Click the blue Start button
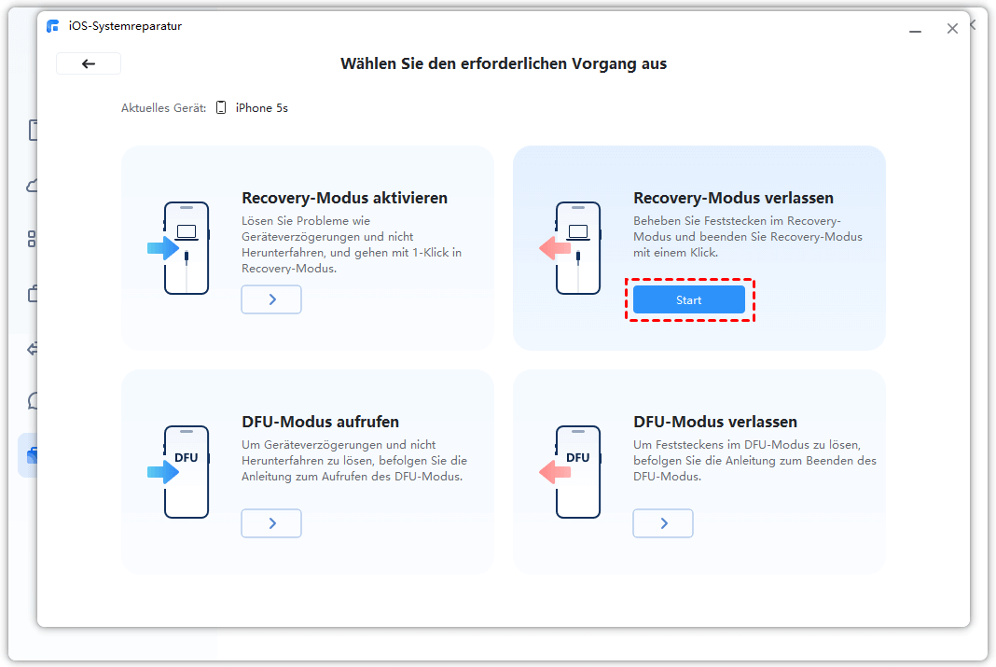click(x=688, y=299)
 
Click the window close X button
click(x=952, y=29)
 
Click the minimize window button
click(x=915, y=31)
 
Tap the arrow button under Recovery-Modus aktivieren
click(x=271, y=299)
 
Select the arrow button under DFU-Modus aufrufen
click(x=271, y=522)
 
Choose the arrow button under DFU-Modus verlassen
click(x=662, y=522)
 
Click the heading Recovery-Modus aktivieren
click(x=344, y=198)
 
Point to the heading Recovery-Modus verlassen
click(x=733, y=198)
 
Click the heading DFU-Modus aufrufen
click(x=320, y=422)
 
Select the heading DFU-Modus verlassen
click(x=715, y=422)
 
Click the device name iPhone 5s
click(x=262, y=108)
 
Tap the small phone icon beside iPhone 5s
click(x=221, y=107)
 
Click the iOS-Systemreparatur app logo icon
click(x=53, y=26)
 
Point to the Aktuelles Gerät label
click(x=164, y=108)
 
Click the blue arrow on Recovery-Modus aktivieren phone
click(x=163, y=248)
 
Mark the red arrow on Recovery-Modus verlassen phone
click(x=555, y=248)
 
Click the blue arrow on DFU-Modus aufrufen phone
click(x=163, y=472)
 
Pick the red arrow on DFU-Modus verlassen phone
click(x=555, y=472)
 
